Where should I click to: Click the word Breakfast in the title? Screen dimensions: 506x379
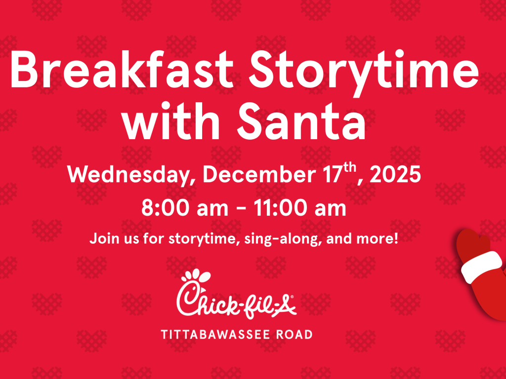pyautogui.click(x=122, y=69)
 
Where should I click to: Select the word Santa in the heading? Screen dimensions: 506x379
pyautogui.click(x=302, y=121)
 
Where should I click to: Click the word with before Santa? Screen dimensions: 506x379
pyautogui.click(x=171, y=120)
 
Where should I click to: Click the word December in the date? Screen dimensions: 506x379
pyautogui.click(x=259, y=174)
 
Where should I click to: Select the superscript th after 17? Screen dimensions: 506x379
pyautogui.click(x=349, y=168)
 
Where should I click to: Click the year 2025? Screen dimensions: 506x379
pyautogui.click(x=395, y=174)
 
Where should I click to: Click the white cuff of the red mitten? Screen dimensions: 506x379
pyautogui.click(x=481, y=266)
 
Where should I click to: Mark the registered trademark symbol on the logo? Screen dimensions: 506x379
pyautogui.click(x=292, y=297)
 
